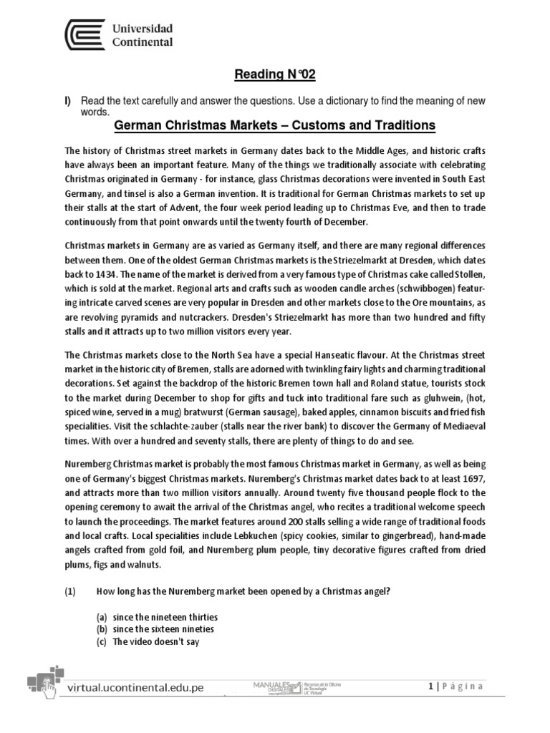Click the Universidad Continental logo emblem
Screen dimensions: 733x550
[x=84, y=35]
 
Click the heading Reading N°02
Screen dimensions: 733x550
[x=275, y=75]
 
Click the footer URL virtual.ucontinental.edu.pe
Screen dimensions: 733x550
[x=135, y=687]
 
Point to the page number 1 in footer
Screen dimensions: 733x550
[x=429, y=686]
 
